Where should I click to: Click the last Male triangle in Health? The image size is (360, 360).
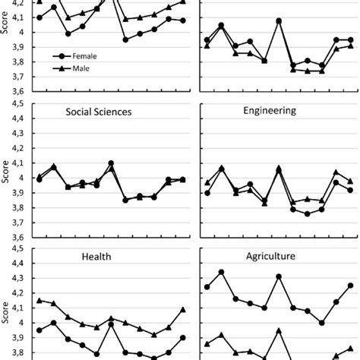pyautogui.click(x=183, y=309)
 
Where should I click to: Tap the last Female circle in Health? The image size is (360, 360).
pyautogui.click(x=183, y=338)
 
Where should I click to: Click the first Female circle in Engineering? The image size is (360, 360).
pyautogui.click(x=207, y=193)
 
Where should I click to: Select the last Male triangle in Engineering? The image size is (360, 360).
pyautogui.click(x=350, y=181)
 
